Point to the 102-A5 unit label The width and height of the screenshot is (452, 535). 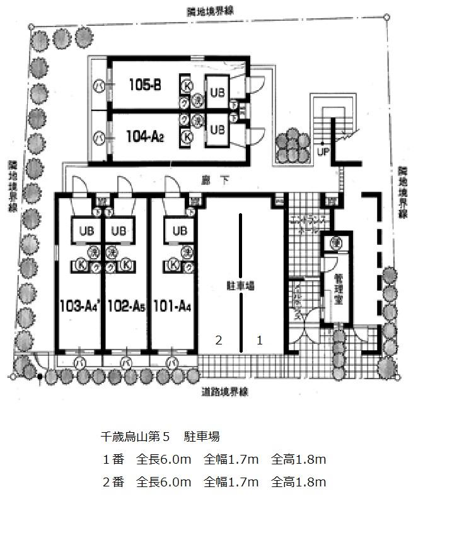pos(126,307)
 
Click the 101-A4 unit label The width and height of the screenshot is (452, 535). pos(172,307)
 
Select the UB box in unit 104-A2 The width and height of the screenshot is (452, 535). pos(217,129)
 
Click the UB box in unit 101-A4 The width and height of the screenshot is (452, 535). pos(179,231)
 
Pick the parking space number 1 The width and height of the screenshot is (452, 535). pos(259,340)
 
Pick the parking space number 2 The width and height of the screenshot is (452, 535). pos(219,340)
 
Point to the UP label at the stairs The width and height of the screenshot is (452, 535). pos(323,152)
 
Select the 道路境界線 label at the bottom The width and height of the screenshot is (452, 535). pos(225,392)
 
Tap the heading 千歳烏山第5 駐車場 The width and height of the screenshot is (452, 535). pos(160,436)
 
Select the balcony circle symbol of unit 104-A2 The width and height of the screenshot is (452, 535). pos(98,135)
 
